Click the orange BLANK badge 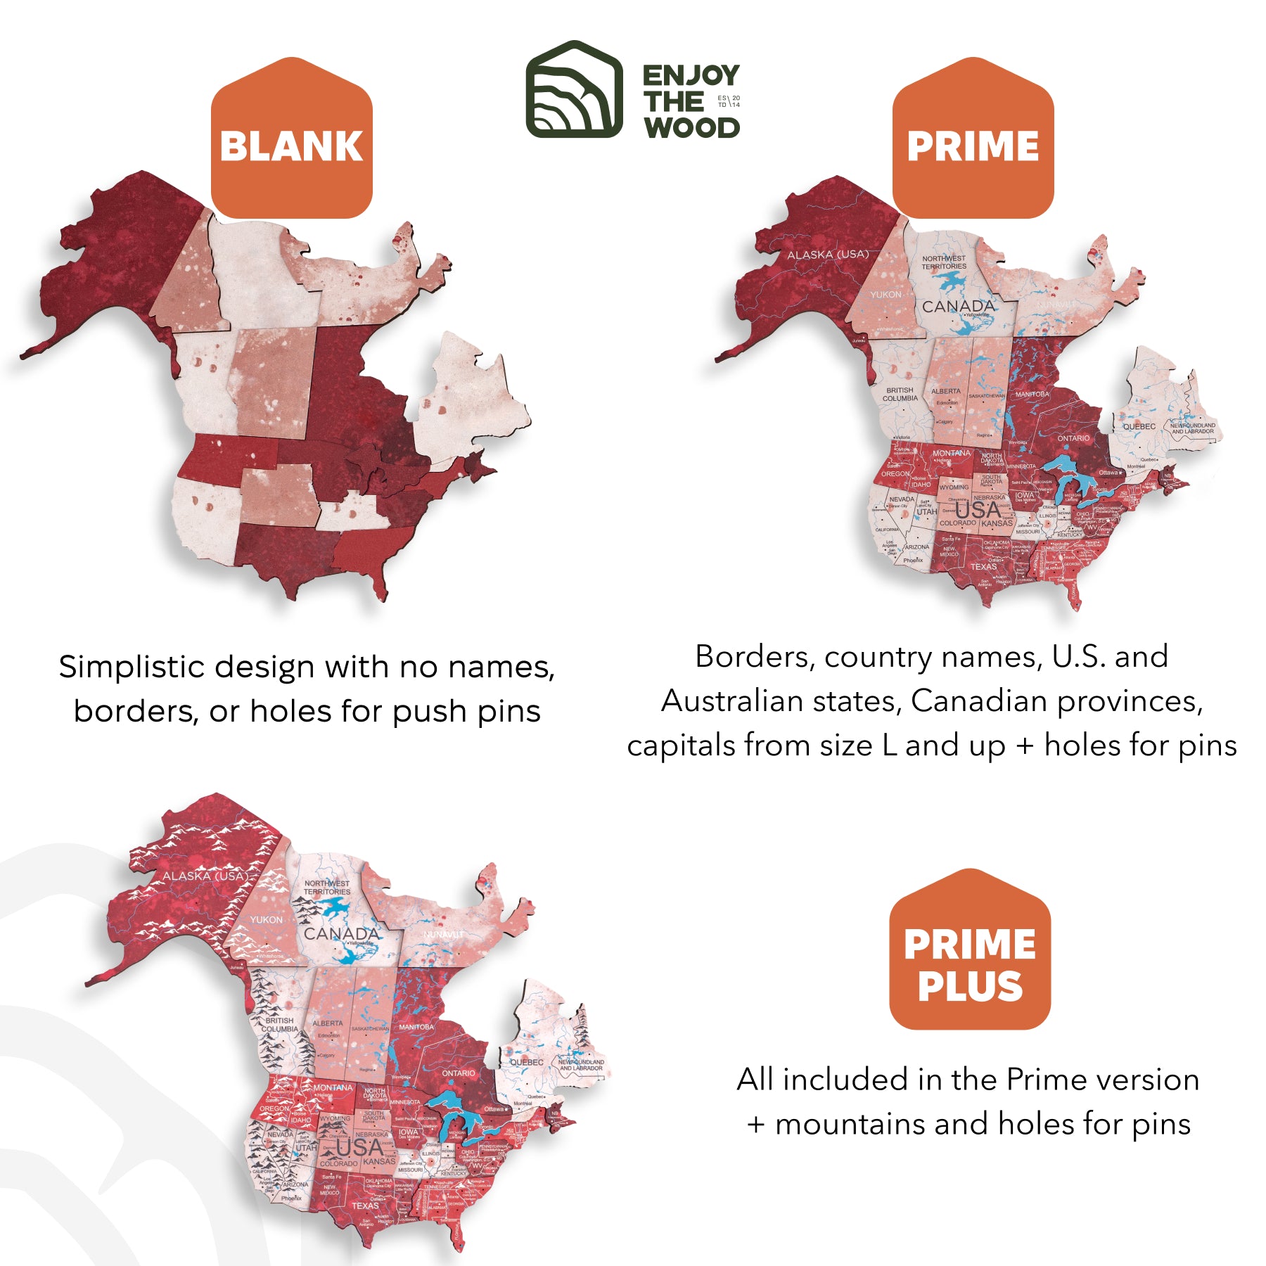tap(291, 146)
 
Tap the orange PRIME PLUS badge tap(969, 964)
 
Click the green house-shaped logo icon tap(574, 89)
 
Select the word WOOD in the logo tap(692, 128)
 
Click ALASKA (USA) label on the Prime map tap(828, 255)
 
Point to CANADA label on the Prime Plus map tap(342, 933)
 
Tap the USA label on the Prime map tap(977, 510)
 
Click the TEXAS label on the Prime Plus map tap(365, 1206)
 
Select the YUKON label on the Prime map tap(885, 295)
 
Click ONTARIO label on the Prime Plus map tap(459, 1073)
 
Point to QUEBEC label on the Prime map tap(1139, 426)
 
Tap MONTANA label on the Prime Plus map tap(333, 1087)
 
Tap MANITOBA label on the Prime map tap(1032, 394)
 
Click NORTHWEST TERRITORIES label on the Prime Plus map tap(327, 887)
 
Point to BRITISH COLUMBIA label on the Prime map tap(900, 394)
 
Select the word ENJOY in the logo tap(691, 75)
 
